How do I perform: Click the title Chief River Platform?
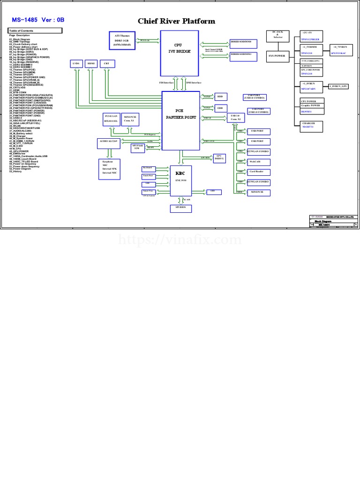pyautogui.click(x=176, y=21)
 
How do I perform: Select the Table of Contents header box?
pyautogui.click(x=34, y=30)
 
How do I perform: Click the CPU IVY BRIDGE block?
pyautogui.click(x=179, y=53)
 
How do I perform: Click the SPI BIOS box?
pyautogui.click(x=180, y=208)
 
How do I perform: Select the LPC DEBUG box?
pyautogui.click(x=218, y=158)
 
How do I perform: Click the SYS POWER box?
pyautogui.click(x=277, y=56)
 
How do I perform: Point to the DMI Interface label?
pyautogui.click(x=194, y=82)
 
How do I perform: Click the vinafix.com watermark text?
pyautogui.click(x=180, y=240)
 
